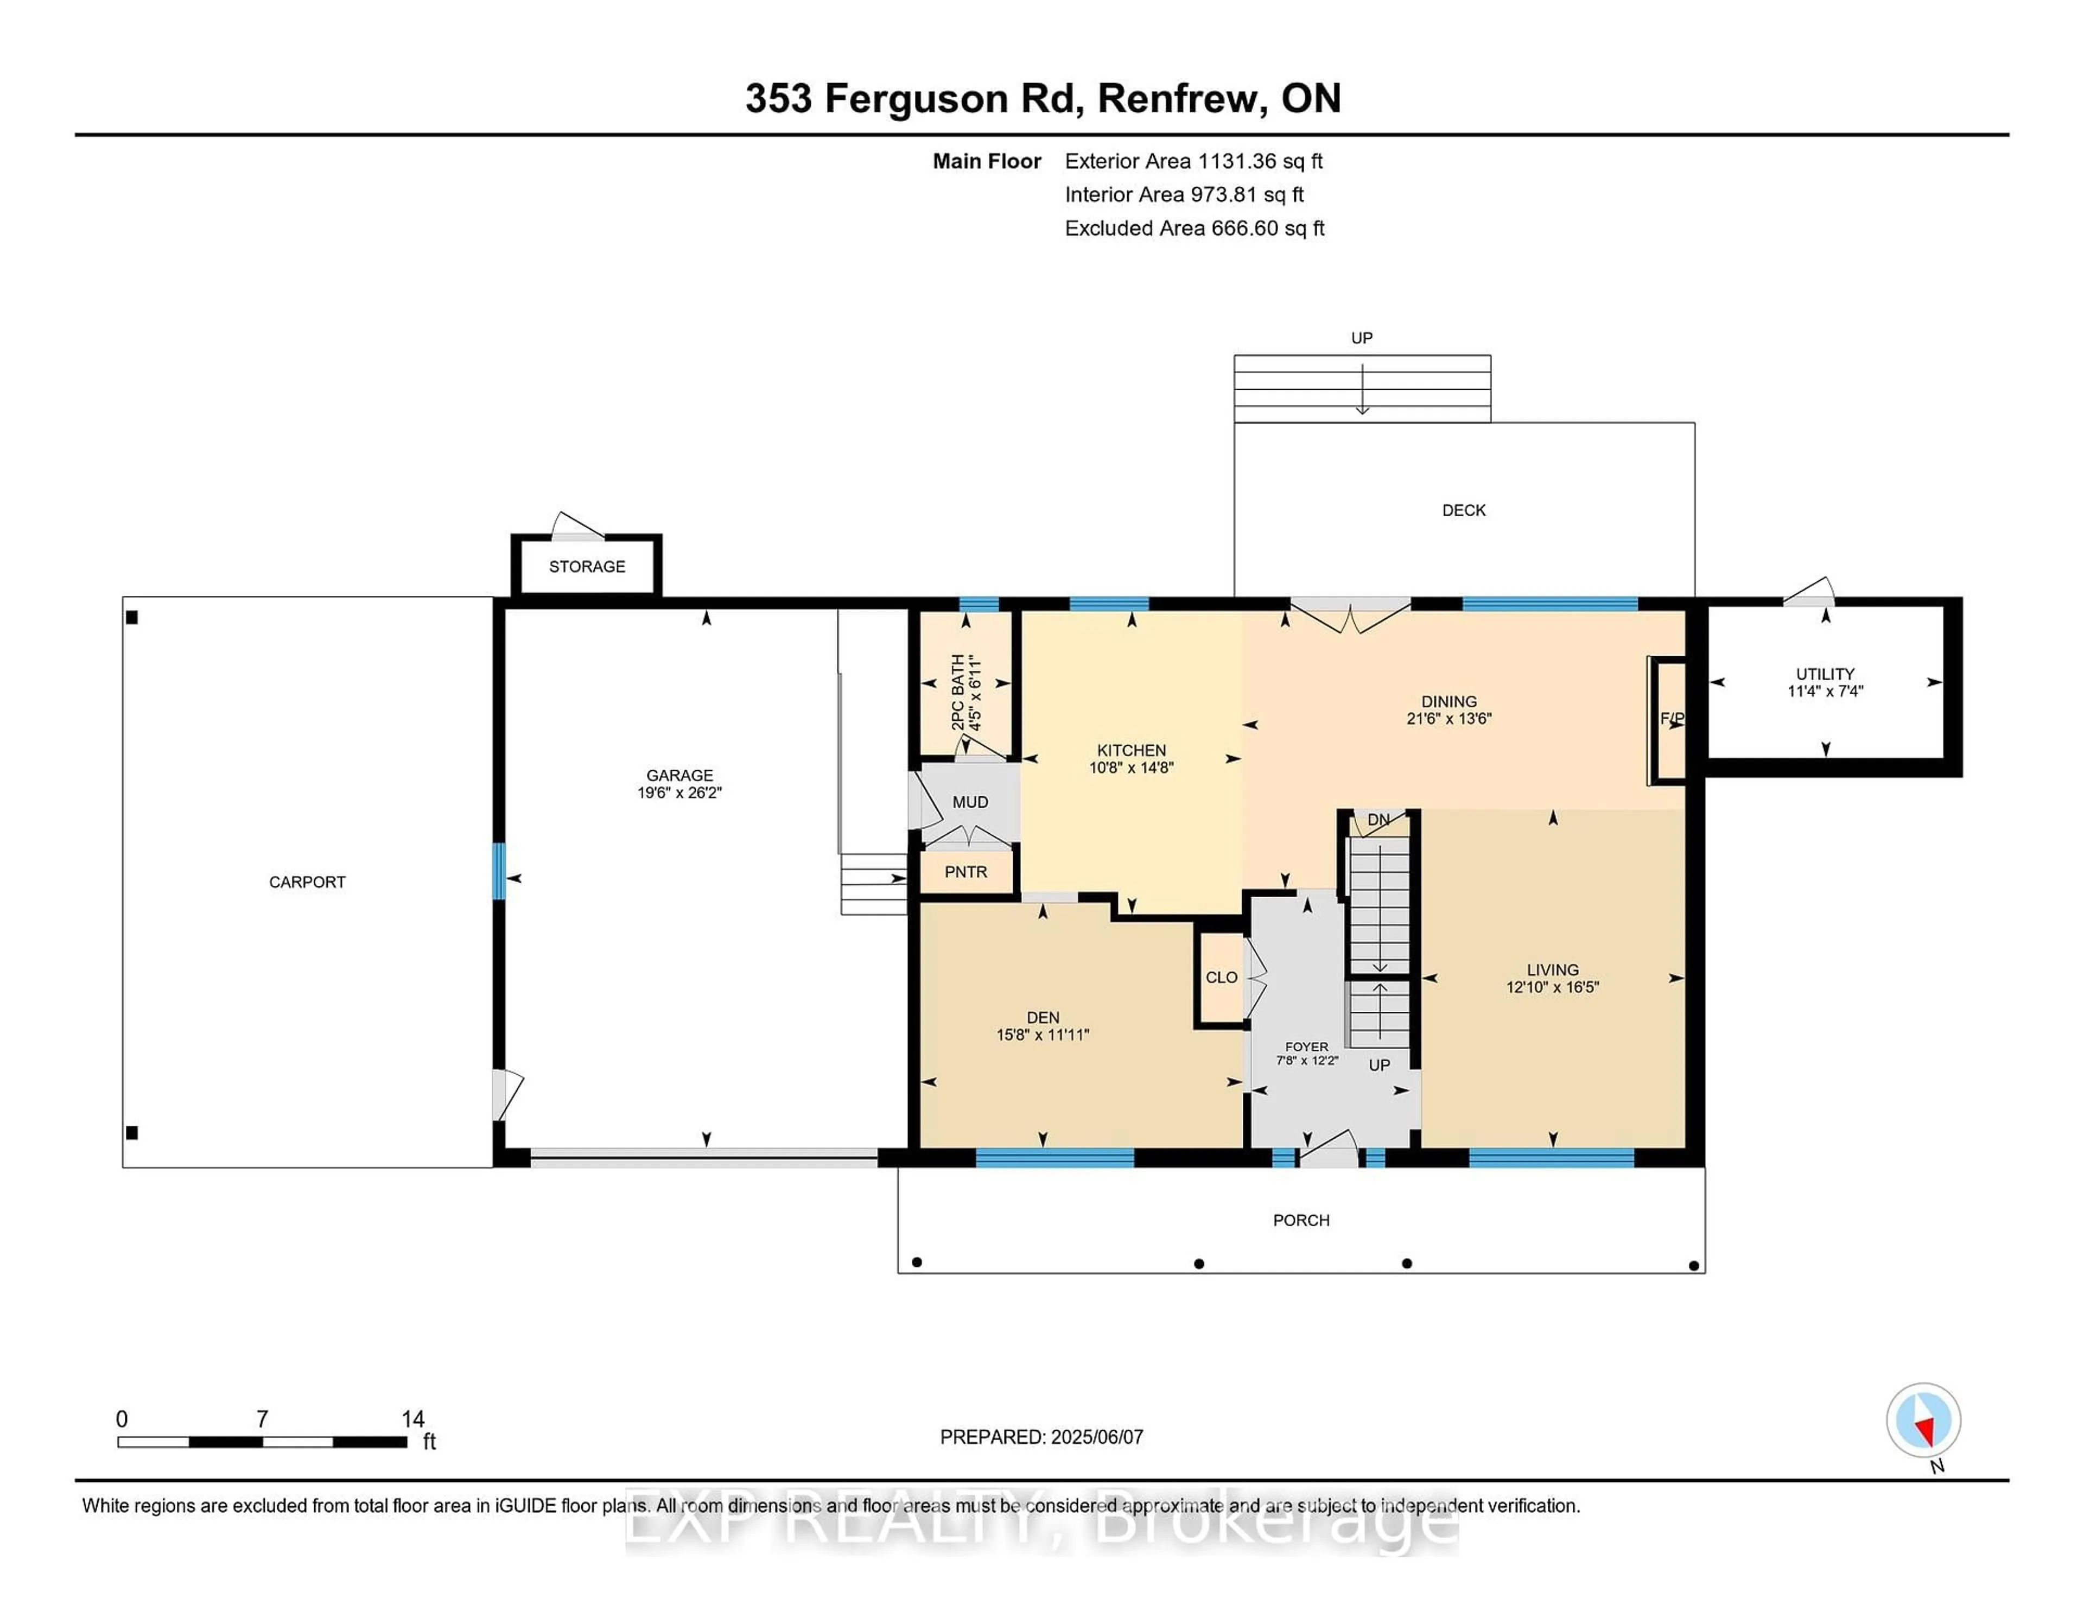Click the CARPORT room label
click(307, 882)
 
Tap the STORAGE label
click(587, 566)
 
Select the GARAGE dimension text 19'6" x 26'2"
click(679, 792)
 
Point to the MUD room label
click(970, 802)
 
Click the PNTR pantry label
click(965, 871)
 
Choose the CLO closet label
click(1222, 977)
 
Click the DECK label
click(1464, 511)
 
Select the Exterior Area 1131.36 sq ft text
click(1194, 161)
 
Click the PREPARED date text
click(1041, 1437)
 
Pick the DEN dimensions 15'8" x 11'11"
click(1043, 1035)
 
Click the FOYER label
click(1306, 1047)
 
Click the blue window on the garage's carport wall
click(498, 871)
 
